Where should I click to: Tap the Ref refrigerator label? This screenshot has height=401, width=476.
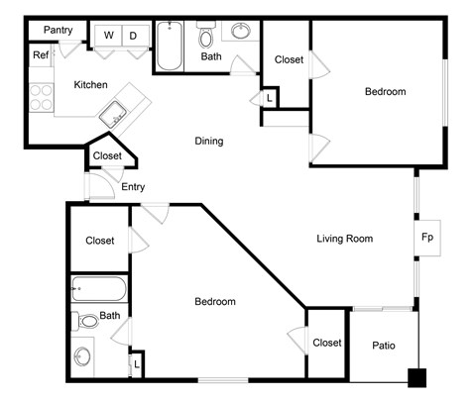[40, 55]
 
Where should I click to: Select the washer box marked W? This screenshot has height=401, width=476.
[108, 37]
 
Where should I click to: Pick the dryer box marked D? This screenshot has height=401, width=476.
[132, 37]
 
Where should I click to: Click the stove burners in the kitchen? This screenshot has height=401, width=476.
[41, 96]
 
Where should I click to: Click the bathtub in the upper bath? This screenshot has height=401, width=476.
[170, 46]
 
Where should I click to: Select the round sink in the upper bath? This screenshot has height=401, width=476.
[241, 32]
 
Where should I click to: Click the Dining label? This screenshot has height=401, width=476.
[208, 141]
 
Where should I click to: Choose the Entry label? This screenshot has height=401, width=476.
[134, 186]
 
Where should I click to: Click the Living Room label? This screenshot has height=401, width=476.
[344, 238]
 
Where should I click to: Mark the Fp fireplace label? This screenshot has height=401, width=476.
[427, 239]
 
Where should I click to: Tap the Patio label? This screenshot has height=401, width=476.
[385, 345]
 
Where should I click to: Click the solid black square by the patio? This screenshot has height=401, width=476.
[417, 376]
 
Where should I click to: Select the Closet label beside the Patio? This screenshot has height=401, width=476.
[327, 343]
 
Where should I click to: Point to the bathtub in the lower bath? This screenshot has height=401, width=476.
[98, 291]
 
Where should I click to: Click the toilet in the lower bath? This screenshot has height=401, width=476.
[87, 321]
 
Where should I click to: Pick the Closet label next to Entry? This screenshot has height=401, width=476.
[107, 155]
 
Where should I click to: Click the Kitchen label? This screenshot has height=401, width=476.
[90, 85]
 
